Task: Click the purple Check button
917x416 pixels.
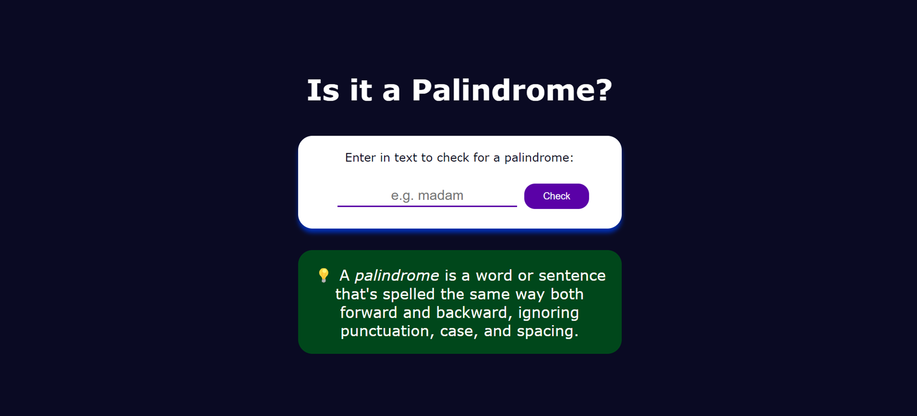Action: click(556, 196)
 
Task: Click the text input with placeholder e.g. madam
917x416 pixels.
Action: click(427, 196)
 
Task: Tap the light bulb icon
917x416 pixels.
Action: click(324, 275)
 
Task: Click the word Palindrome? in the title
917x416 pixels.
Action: click(512, 90)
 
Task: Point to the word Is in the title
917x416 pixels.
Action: click(323, 90)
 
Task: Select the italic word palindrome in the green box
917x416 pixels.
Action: click(397, 276)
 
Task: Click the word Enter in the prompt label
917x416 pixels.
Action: click(361, 157)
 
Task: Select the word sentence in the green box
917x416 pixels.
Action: click(572, 276)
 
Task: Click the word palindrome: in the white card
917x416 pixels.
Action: click(539, 158)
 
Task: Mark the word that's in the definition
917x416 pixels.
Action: click(356, 294)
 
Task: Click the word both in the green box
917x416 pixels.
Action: click(567, 294)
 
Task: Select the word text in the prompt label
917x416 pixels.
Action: click(406, 158)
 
